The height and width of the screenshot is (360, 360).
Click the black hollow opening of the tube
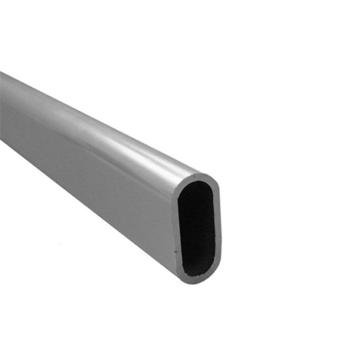point(197,229)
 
